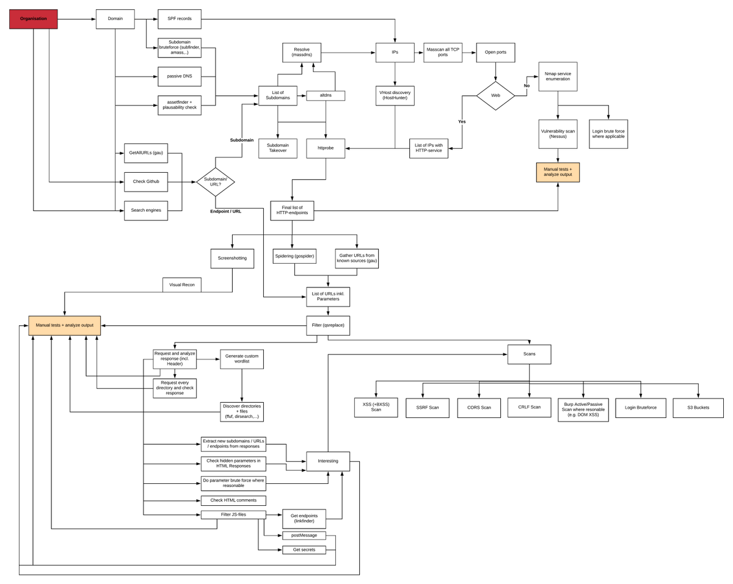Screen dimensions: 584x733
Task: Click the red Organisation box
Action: (x=33, y=19)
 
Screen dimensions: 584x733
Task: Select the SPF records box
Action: (x=180, y=19)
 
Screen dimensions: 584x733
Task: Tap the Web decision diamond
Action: (x=495, y=96)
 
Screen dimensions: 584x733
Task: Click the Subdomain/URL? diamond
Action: (x=216, y=182)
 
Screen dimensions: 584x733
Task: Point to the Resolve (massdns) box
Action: (x=302, y=52)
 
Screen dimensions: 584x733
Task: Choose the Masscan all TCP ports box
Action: (x=443, y=52)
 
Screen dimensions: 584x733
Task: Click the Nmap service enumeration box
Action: (x=558, y=76)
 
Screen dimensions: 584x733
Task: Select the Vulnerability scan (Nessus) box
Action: (x=558, y=134)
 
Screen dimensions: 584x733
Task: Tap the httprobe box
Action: (x=326, y=148)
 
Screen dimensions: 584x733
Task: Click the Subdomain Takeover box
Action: (x=277, y=148)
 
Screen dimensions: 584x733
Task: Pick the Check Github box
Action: (x=146, y=181)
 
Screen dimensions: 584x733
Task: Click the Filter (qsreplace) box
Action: (x=328, y=325)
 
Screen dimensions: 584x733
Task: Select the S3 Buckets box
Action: (x=698, y=408)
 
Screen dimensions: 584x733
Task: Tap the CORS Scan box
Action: (x=479, y=408)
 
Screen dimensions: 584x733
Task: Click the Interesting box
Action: (x=328, y=461)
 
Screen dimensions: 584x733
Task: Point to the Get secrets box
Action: (x=304, y=550)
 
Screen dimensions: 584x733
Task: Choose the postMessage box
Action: (x=304, y=535)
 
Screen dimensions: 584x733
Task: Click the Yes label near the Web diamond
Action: (x=462, y=121)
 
